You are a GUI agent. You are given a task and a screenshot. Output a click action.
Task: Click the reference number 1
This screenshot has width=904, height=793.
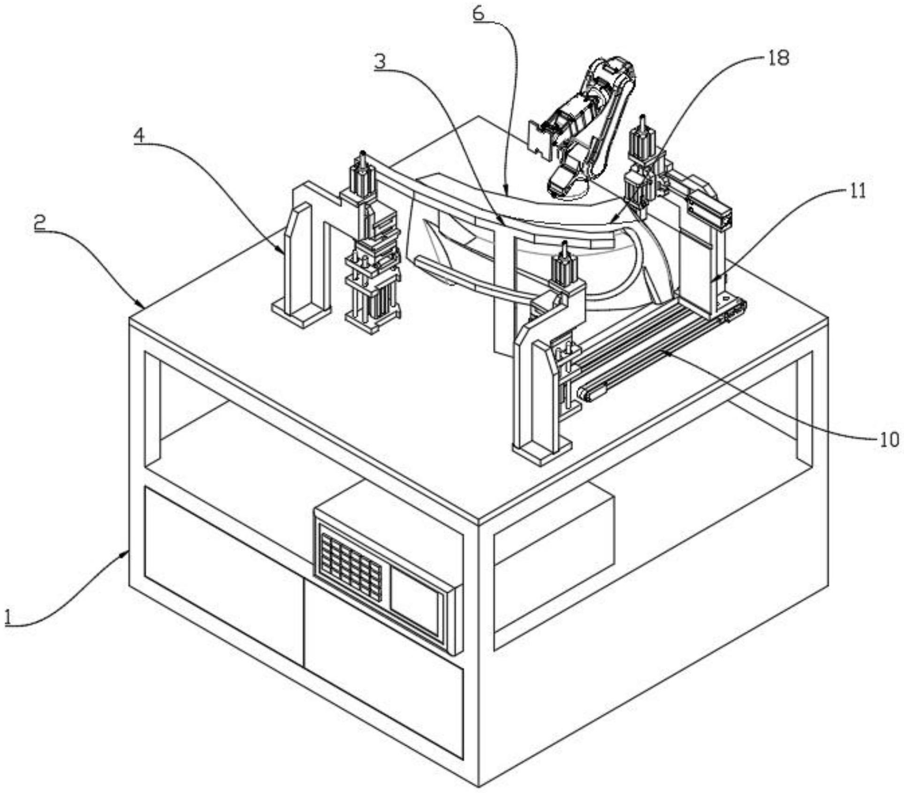8,615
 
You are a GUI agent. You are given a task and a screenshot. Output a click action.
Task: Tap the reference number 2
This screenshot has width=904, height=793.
40,222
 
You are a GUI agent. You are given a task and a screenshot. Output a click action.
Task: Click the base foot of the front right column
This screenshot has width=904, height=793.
542,450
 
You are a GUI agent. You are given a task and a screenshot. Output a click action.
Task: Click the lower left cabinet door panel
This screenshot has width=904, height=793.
223,575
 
